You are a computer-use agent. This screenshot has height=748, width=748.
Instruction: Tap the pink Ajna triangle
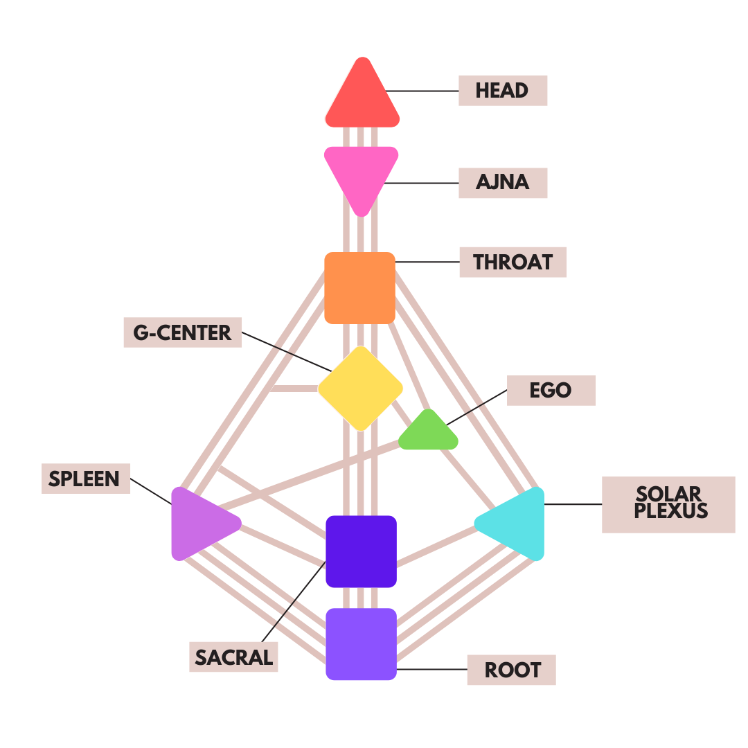pos(361,173)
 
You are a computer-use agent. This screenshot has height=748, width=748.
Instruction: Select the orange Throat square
pos(360,287)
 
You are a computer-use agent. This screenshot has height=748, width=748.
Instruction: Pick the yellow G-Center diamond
pos(360,388)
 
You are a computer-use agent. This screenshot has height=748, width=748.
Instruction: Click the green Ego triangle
pos(429,434)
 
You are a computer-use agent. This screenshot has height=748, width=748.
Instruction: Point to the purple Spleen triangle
pos(199,524)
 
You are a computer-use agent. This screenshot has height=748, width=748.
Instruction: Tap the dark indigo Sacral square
pos(361,551)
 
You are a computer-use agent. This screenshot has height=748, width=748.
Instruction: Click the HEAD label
pos(502,91)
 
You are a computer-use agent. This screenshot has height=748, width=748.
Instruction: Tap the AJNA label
pos(502,183)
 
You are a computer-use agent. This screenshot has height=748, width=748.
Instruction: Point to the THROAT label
pos(513,262)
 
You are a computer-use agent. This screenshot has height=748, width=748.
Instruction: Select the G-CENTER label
pos(182,332)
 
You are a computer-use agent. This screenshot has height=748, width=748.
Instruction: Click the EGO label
pos(551,391)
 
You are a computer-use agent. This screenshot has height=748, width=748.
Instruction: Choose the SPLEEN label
pos(84,479)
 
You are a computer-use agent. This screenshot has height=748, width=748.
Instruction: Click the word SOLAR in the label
pos(668,495)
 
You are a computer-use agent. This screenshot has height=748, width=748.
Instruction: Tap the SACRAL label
pos(233,657)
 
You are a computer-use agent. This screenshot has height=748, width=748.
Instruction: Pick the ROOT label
pos(512,670)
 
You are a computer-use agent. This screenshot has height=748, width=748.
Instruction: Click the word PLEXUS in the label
pos(668,512)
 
